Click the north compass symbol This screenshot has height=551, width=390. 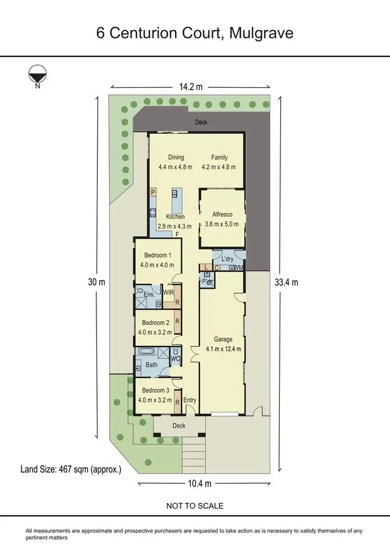[x=37, y=76]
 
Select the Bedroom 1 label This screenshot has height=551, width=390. [x=155, y=255]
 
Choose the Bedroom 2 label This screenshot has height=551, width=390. [x=155, y=322]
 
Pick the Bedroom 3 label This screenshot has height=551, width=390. [x=155, y=390]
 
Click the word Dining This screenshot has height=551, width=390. [x=175, y=158]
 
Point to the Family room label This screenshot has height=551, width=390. [x=219, y=158]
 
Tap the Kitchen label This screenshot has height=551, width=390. [x=175, y=216]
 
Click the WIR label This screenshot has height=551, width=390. [x=168, y=293]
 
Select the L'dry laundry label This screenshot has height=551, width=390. [x=227, y=258]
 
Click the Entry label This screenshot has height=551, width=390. [x=190, y=400]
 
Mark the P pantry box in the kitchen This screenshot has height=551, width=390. [x=153, y=192]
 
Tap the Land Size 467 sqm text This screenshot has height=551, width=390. [x=70, y=469]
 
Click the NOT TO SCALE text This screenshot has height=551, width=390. [x=194, y=505]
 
